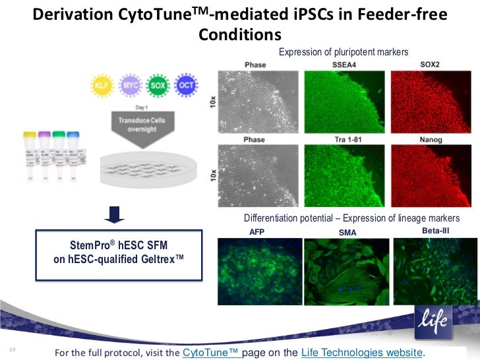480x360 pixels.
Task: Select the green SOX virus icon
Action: (x=158, y=85)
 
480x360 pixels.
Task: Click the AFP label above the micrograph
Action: (x=256, y=232)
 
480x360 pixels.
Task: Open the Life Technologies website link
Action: (x=360, y=351)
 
